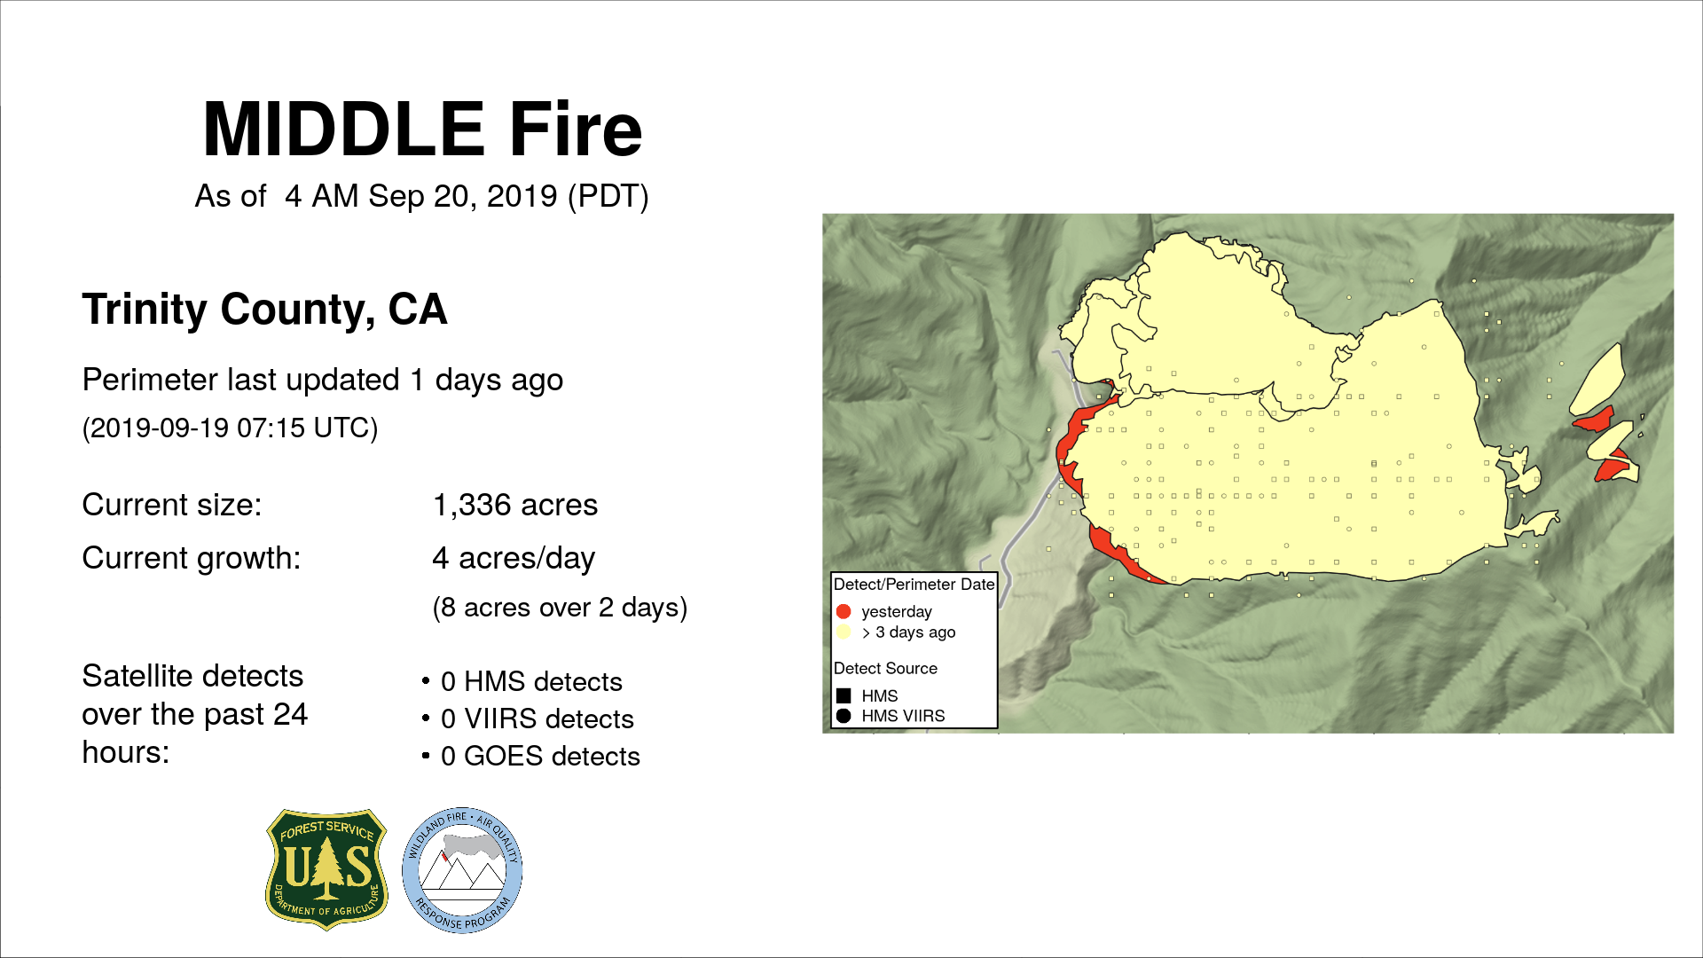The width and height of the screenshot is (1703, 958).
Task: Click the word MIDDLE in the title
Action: pyautogui.click(x=343, y=130)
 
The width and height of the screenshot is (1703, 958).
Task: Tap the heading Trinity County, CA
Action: pyautogui.click(x=264, y=310)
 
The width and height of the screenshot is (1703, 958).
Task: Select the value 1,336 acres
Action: pyautogui.click(x=515, y=505)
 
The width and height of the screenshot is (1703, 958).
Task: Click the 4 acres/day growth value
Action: pyautogui.click(x=514, y=558)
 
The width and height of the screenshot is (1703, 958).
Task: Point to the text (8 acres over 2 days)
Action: pyautogui.click(x=560, y=608)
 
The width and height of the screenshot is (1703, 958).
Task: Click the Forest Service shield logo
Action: pyautogui.click(x=327, y=869)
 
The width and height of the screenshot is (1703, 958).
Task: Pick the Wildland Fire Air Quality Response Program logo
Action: pyautogui.click(x=462, y=870)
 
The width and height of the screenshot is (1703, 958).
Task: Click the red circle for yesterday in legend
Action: pyautogui.click(x=844, y=611)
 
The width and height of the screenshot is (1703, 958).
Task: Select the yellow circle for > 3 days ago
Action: pyautogui.click(x=844, y=632)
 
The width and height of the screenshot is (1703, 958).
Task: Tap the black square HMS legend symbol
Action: pyautogui.click(x=844, y=696)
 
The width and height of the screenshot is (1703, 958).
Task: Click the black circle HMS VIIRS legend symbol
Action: pyautogui.click(x=844, y=716)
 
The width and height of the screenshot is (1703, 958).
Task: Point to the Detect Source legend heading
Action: pyautogui.click(x=885, y=668)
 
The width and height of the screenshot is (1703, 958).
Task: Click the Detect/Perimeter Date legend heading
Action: pyautogui.click(x=914, y=585)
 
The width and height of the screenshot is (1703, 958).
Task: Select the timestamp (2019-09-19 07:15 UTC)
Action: pyautogui.click(x=231, y=428)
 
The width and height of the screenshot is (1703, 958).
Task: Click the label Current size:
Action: pyautogui.click(x=172, y=505)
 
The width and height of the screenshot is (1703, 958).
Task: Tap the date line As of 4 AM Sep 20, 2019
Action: pyautogui.click(x=422, y=196)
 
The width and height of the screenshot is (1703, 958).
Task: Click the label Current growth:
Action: pyautogui.click(x=192, y=558)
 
